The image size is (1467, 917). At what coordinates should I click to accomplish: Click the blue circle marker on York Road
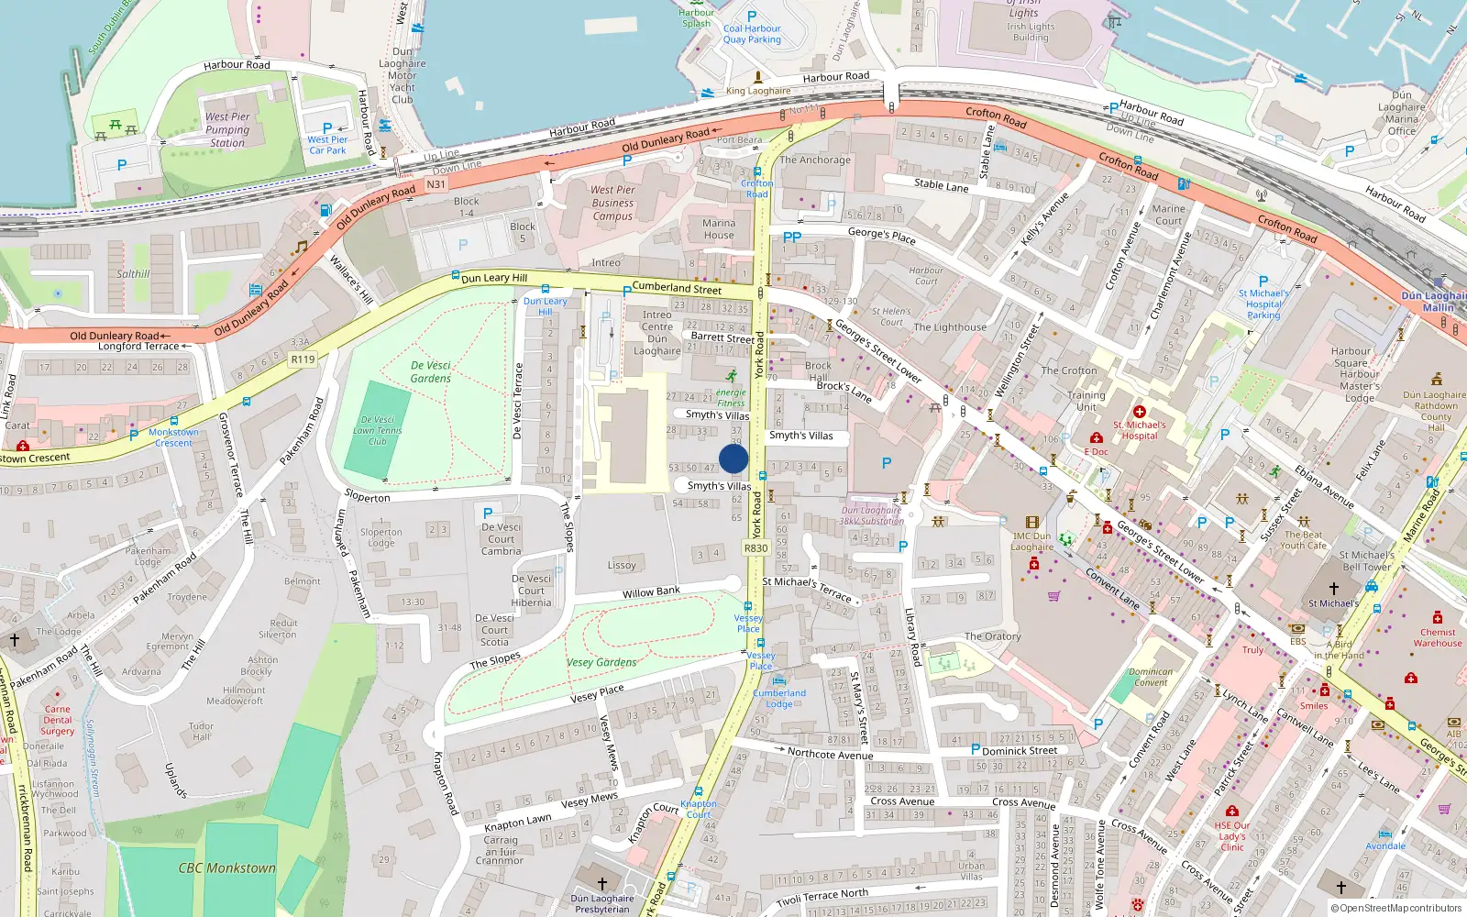(x=733, y=458)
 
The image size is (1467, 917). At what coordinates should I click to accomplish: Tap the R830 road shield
(x=756, y=548)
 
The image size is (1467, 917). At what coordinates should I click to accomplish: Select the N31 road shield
(x=436, y=184)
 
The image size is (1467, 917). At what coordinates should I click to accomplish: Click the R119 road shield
(x=303, y=359)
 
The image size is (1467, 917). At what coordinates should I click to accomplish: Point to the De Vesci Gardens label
(x=431, y=371)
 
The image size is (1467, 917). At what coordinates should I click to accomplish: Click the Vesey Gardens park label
(x=601, y=662)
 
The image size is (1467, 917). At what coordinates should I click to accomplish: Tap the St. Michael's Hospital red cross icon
(x=1140, y=413)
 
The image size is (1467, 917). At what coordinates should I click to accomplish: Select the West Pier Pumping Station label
(x=227, y=129)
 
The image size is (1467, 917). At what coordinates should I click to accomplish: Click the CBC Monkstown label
(x=226, y=867)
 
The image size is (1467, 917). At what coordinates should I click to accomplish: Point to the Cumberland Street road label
(x=677, y=288)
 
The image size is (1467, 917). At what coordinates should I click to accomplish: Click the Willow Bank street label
(x=651, y=592)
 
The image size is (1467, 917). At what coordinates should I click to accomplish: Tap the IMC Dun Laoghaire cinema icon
(x=1032, y=522)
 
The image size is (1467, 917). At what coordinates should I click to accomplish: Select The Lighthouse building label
(x=950, y=327)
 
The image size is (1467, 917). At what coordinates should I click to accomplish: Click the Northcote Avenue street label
(x=830, y=754)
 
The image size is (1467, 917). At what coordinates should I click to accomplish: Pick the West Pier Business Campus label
(x=612, y=203)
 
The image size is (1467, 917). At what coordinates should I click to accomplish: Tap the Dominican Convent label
(x=1151, y=677)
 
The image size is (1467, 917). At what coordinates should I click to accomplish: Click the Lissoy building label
(x=622, y=565)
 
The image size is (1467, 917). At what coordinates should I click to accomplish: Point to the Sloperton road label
(x=368, y=497)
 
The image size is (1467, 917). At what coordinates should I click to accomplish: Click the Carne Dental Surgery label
(x=57, y=720)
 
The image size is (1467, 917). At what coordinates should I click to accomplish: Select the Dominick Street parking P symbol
(x=976, y=749)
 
